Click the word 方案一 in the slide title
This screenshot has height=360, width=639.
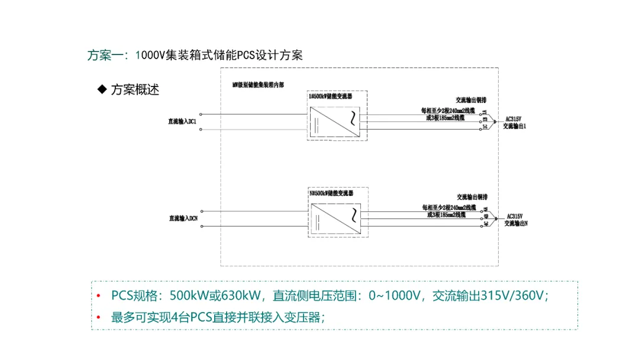tap(106, 56)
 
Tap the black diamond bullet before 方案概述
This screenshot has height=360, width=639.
tap(102, 89)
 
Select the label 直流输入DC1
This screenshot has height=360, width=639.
tap(182, 121)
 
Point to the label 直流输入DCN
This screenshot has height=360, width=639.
tap(183, 218)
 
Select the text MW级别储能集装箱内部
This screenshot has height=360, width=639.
tap(258, 85)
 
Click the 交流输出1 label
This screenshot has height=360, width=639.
tap(515, 126)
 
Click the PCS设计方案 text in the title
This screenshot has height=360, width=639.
tap(270, 56)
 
